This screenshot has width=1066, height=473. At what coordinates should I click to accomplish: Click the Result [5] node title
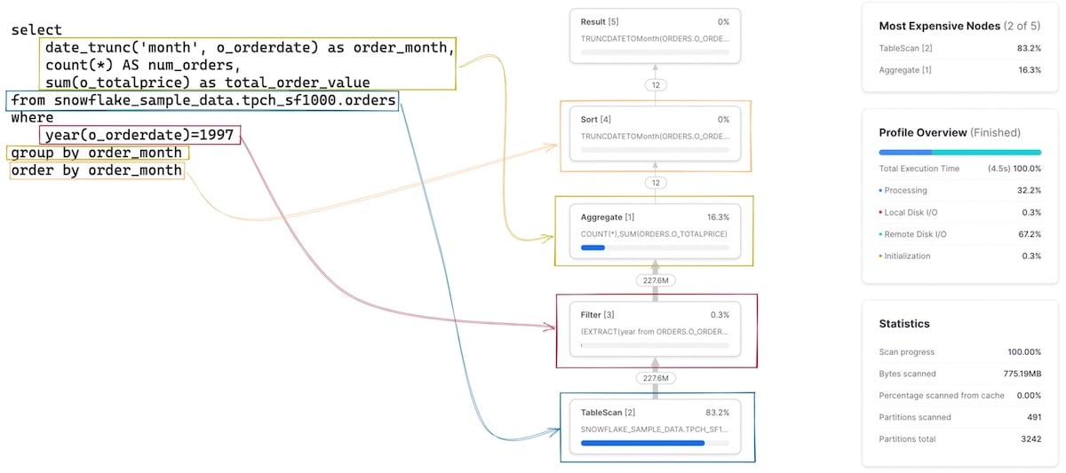point(600,21)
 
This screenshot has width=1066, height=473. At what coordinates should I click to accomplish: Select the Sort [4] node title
point(595,119)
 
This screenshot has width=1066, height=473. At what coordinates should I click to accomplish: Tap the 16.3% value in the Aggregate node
point(718,217)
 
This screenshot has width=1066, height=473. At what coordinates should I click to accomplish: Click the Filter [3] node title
point(597,314)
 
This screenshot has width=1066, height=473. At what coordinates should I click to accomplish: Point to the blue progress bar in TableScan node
point(642,443)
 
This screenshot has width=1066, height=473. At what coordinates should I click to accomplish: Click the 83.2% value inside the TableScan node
point(718,413)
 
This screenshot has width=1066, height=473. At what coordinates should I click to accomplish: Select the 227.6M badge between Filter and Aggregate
point(654,280)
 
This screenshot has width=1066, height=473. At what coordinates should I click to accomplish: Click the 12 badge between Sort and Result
point(655,85)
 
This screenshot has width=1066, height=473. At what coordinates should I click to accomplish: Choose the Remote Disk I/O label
point(914,234)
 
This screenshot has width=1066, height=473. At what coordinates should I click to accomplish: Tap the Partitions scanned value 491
point(1031,417)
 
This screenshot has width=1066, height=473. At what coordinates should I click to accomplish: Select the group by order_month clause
point(97,154)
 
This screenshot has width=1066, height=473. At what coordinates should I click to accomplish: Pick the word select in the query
point(36,30)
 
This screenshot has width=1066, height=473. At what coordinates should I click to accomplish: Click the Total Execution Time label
point(919,169)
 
